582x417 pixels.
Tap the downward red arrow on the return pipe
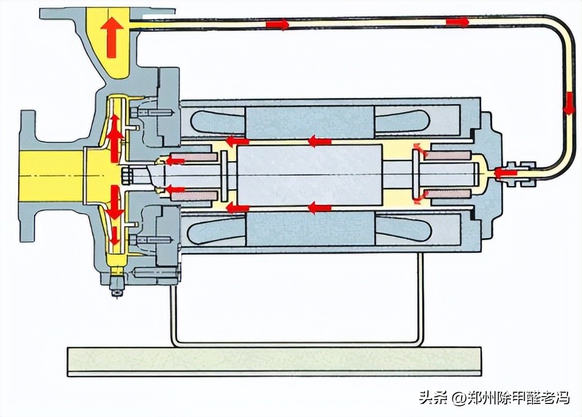569,104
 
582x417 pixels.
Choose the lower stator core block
310,228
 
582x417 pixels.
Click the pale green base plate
274,361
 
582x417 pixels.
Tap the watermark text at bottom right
494,398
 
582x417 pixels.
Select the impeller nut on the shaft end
127,175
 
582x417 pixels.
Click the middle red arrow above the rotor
319,141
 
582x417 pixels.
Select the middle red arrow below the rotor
319,208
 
